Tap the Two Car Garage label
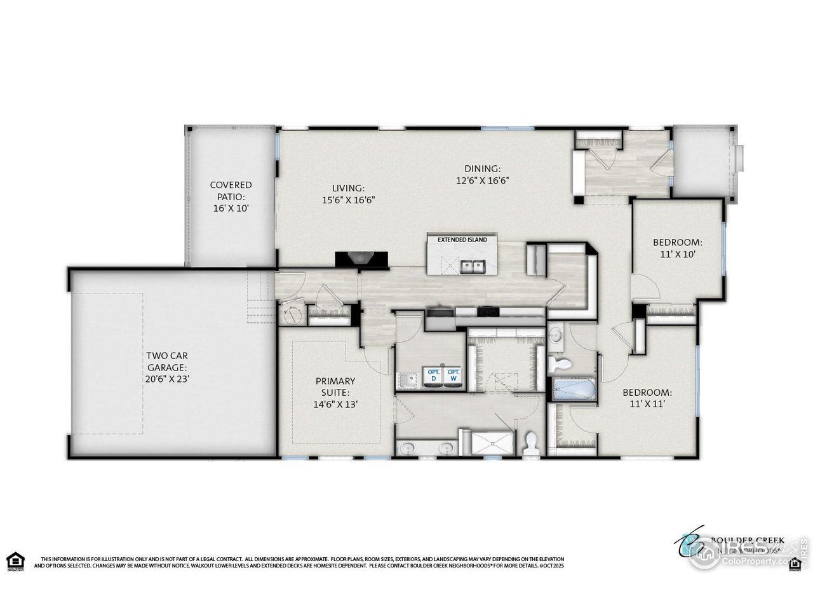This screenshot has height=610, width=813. [x=167, y=367]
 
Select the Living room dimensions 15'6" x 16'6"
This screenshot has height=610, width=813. [x=348, y=200]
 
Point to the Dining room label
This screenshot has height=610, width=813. [x=483, y=168]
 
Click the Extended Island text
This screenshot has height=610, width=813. [x=462, y=240]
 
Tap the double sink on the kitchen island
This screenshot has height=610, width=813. [x=471, y=265]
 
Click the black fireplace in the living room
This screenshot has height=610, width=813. [x=361, y=258]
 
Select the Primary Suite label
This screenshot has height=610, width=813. [x=335, y=391]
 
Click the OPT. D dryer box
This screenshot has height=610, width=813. [x=434, y=375]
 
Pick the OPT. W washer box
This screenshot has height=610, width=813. [x=454, y=375]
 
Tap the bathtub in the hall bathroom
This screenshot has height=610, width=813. [x=574, y=389]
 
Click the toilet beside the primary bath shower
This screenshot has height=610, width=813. [x=531, y=443]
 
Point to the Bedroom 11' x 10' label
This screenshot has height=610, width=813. [x=677, y=247]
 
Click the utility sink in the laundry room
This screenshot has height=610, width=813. [x=406, y=380]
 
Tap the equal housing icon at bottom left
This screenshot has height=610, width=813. [x=15, y=561]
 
